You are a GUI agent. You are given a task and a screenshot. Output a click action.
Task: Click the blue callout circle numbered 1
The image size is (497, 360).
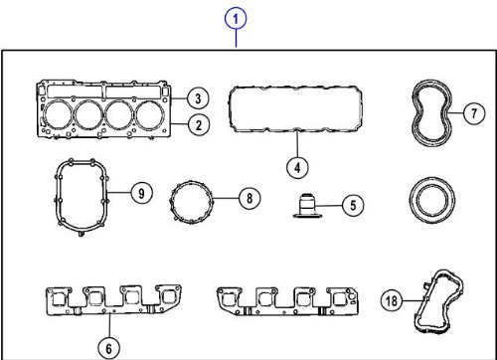(236, 19)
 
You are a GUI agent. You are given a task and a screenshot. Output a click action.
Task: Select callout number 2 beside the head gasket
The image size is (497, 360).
(198, 125)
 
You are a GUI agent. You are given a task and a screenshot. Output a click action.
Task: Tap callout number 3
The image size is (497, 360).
(198, 98)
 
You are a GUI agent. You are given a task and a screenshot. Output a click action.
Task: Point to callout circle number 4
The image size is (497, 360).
(297, 167)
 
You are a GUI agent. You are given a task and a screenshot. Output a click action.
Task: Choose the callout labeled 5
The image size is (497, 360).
(353, 205)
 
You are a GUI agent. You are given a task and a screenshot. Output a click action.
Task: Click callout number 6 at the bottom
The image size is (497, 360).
(109, 348)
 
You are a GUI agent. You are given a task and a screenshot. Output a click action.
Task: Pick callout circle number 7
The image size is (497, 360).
(474, 113)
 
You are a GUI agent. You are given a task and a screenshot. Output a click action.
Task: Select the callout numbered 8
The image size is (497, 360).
(249, 198)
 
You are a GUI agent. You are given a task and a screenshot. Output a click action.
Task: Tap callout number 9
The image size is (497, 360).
(141, 193)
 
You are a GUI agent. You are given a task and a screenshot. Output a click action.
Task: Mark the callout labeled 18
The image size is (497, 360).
(392, 300)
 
